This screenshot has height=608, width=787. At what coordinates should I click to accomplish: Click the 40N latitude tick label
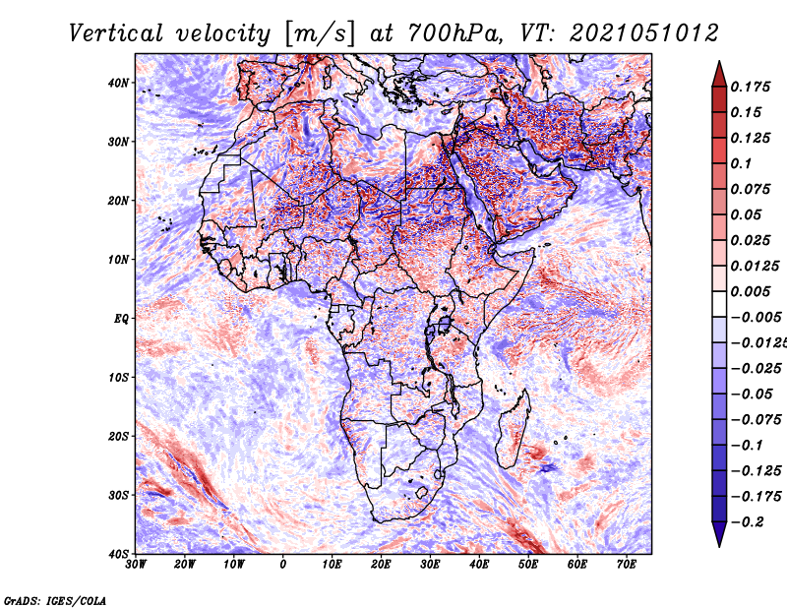pos(118,83)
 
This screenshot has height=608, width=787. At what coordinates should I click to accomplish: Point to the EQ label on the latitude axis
pos(121,319)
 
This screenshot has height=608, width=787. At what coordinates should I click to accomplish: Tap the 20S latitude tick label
pos(118,436)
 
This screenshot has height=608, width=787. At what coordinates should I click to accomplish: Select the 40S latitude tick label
pos(118,554)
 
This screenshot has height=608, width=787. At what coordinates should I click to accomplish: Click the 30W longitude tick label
pos(136,565)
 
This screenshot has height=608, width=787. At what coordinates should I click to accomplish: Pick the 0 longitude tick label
pos(283,565)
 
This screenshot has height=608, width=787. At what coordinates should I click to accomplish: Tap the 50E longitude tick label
pos(528,565)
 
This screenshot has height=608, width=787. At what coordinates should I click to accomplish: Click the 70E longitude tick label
pos(626,565)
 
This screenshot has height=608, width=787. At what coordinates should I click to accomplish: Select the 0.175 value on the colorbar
pos(750,87)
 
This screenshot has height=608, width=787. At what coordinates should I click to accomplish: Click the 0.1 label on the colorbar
pos(742,163)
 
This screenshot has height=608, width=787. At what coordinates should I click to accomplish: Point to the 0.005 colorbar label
pos(750,291)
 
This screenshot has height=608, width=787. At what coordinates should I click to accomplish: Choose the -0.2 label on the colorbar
pos(748,522)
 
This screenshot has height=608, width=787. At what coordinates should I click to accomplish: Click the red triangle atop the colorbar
pos(719,76)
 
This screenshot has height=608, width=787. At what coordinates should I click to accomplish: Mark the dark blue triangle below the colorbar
pos(719,533)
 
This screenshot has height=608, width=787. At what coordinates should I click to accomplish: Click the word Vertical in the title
pos(116,33)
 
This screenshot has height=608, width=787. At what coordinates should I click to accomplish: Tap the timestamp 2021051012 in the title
pos(644,33)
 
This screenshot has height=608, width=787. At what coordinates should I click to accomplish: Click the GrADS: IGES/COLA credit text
pos(55,600)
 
